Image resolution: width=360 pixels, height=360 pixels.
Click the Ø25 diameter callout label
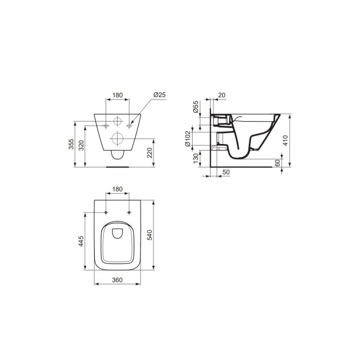(x=160, y=95)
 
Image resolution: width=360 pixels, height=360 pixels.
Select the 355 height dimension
(x=71, y=144)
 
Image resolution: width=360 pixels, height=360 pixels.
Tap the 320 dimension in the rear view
(x=82, y=145)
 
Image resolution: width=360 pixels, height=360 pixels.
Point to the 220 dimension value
(x=149, y=152)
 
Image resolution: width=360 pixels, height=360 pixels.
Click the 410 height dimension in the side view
(x=285, y=140)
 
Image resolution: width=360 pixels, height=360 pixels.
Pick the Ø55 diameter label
(x=196, y=107)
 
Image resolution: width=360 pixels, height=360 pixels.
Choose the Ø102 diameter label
(x=188, y=139)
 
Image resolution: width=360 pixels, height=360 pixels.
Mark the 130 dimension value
(x=196, y=158)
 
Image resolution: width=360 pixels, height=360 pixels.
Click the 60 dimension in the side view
(x=277, y=163)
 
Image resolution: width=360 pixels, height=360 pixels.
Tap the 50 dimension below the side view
(x=226, y=172)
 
